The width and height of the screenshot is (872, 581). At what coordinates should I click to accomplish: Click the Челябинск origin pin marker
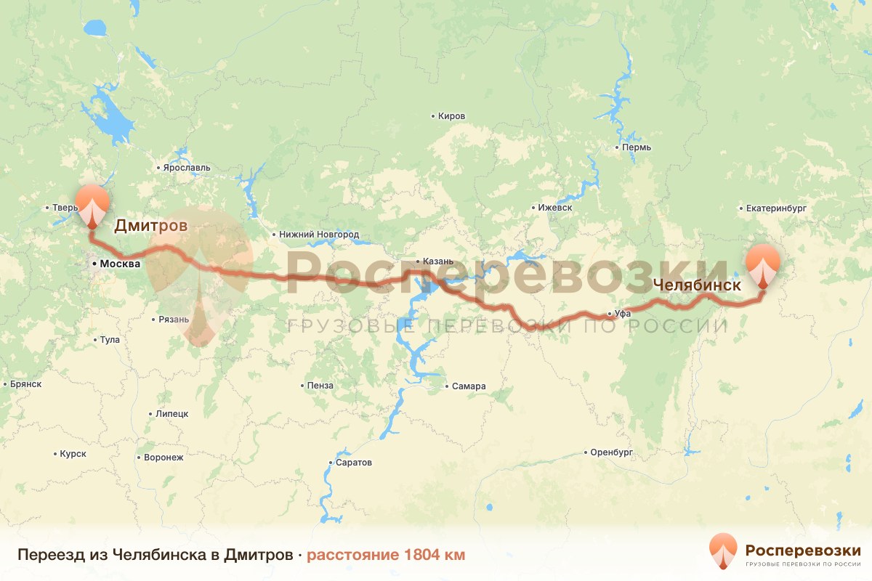pos(762,264)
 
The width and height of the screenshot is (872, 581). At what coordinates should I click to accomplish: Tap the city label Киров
pos(451,116)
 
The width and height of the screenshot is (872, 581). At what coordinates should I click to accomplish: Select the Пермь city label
pos(636,147)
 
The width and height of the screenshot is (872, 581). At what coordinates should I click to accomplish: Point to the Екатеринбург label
pos(776,208)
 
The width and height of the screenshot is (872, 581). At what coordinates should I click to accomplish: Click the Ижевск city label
pos(554,208)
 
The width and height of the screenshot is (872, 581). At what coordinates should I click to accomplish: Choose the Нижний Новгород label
pos(317,235)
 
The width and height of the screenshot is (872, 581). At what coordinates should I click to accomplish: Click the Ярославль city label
pos(186,168)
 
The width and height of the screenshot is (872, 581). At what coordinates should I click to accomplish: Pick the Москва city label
pos(119,264)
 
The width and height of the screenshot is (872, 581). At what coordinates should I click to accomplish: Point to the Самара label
pos(467,386)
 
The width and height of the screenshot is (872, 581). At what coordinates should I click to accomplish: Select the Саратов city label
pos(353,463)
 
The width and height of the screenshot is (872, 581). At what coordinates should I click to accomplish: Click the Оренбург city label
pos(611,452)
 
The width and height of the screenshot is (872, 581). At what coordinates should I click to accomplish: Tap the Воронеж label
pos(163,458)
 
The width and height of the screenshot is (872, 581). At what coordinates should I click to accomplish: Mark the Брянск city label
pos(26,384)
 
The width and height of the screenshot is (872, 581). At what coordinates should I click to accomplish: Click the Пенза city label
pos(320,386)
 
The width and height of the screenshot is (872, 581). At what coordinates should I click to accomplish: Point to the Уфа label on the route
pos(621,314)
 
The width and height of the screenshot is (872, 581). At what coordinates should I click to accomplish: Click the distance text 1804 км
pos(386,555)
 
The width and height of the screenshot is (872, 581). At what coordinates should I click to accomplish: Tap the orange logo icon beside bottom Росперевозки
pos(723,551)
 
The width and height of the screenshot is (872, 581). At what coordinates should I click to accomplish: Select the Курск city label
pos(73,454)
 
